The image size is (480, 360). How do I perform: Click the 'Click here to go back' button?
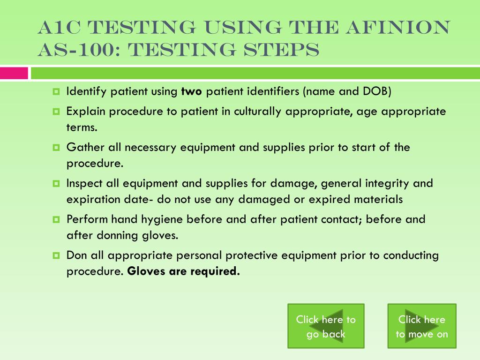[326, 326]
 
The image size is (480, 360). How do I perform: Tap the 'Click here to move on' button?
[422, 326]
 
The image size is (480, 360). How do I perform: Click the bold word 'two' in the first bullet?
[191, 91]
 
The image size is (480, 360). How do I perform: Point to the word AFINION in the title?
[398, 27]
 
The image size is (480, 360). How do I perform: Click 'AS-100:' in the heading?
[80, 50]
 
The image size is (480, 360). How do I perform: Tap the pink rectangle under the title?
[14, 74]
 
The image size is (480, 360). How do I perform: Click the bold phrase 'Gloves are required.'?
[183, 271]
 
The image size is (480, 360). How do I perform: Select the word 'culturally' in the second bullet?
[257, 112]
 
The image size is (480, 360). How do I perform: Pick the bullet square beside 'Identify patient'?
[56, 91]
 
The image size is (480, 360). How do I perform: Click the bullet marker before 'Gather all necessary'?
[56, 148]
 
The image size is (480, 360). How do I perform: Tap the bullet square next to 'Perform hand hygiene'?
[56, 219]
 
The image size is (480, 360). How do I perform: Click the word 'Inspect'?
[84, 184]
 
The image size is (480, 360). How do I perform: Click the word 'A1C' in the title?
[60, 27]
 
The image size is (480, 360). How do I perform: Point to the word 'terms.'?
[82, 127]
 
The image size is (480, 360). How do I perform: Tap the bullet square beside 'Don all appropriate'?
[56, 255]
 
